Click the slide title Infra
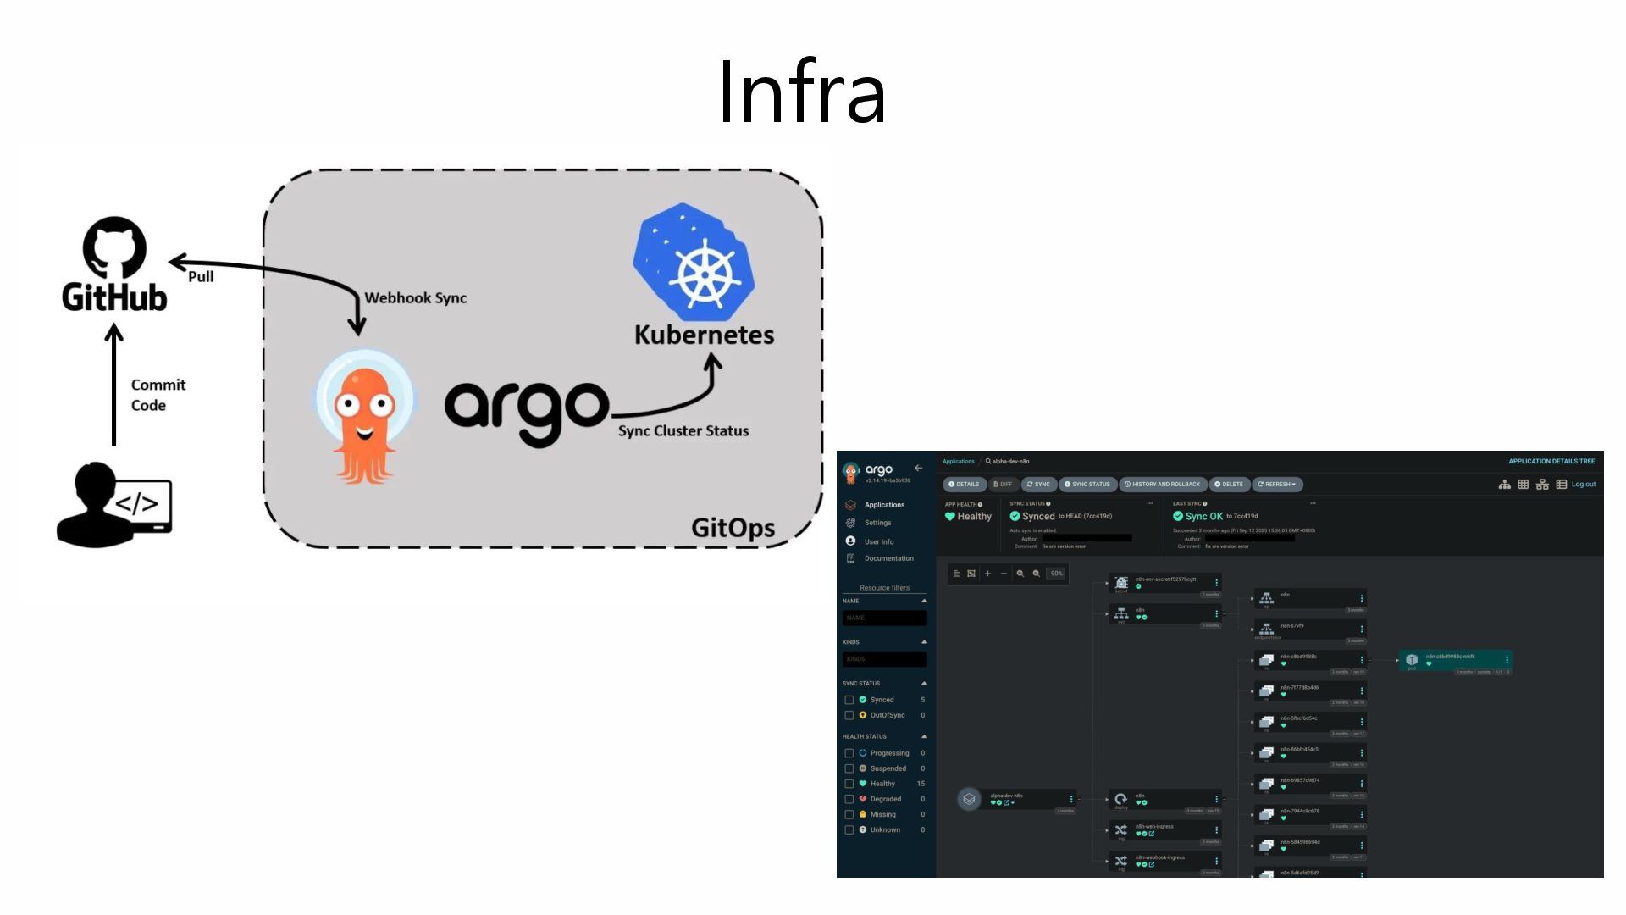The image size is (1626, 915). [x=801, y=92]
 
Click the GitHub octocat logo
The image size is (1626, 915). [x=114, y=247]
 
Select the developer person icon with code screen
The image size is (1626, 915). [x=113, y=505]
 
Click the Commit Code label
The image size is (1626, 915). [x=158, y=395]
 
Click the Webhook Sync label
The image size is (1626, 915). [x=415, y=298]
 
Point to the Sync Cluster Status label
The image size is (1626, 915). [x=683, y=430]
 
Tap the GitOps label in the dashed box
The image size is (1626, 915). [x=733, y=528]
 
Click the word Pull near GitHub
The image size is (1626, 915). [x=201, y=277]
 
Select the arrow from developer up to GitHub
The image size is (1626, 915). [x=114, y=385]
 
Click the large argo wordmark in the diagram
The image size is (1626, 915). [x=526, y=411]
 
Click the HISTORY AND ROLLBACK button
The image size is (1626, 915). [x=1162, y=485]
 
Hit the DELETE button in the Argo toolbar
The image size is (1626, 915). [x=1229, y=485]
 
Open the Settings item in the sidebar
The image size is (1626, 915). [x=877, y=523]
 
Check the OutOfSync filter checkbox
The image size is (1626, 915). [x=849, y=715]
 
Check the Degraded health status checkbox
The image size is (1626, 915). [x=849, y=799]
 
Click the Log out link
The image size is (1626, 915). [x=1583, y=485]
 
